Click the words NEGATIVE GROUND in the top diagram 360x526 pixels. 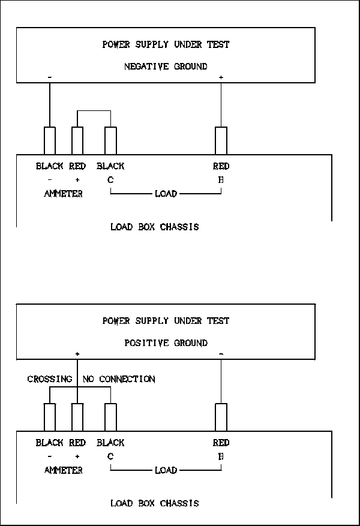pos(166,67)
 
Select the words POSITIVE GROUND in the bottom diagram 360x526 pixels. pos(166,343)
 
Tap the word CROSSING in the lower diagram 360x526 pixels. pos(50,379)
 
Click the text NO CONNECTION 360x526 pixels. pos(119,379)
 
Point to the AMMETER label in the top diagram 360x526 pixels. pos(63,194)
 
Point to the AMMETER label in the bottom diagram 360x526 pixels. pos(63,470)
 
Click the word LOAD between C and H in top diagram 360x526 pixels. pos(166,194)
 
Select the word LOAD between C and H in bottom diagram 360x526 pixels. pos(166,470)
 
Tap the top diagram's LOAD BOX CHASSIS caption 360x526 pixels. pos(154,227)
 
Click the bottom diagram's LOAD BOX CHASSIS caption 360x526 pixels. pos(154,503)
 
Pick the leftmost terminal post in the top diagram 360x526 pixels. pos(50,141)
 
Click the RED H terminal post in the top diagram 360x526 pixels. pos(221,141)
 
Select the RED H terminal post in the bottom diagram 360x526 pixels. pos(221,417)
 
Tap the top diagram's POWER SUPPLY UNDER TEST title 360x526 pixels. pos(166,44)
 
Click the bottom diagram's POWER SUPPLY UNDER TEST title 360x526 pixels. pos(166,321)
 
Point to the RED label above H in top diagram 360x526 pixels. pos(221,166)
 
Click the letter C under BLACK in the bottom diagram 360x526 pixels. pos(110,456)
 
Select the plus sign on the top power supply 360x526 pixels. pos(221,78)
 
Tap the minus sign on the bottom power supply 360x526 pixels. pos(221,354)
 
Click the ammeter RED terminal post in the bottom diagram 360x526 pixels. pos(77,417)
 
